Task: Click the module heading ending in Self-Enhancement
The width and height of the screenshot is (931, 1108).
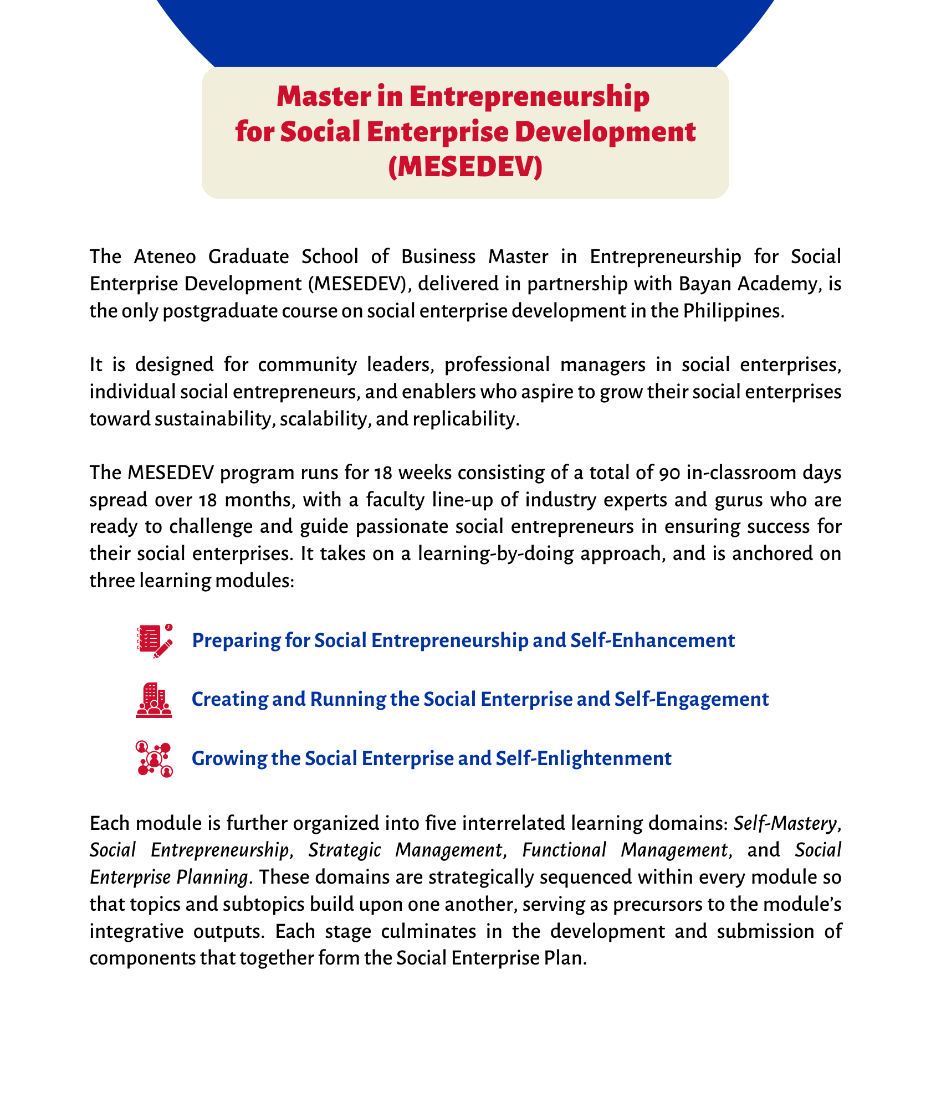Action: tap(463, 640)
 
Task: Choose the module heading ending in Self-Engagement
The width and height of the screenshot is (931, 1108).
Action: tap(480, 699)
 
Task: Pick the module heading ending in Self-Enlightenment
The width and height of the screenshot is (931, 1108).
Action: tap(431, 758)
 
